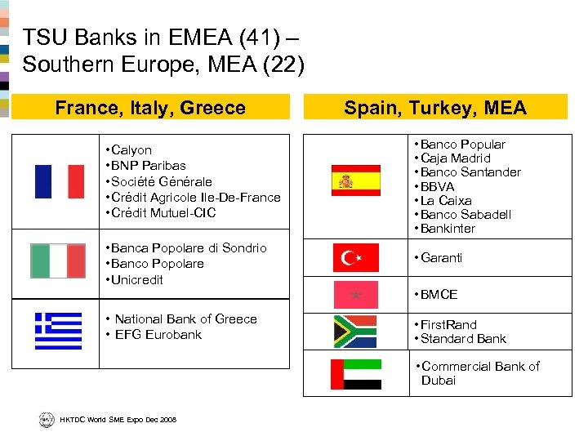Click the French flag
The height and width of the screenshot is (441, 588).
coord(59,181)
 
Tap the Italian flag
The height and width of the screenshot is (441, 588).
coord(57,261)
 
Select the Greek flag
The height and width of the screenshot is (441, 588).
coord(58,331)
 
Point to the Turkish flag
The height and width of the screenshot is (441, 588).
coord(355,257)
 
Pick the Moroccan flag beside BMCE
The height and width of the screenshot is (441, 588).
coord(355,294)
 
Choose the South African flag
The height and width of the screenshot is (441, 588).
coord(355,331)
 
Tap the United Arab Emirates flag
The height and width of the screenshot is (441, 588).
coord(355,374)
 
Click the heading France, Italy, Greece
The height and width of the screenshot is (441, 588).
coord(149,108)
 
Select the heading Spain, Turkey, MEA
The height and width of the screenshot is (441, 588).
coord(435,108)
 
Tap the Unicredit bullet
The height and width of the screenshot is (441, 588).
coord(137,279)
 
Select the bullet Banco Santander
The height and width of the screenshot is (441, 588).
coord(470,171)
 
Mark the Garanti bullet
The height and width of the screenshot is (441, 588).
coord(441,257)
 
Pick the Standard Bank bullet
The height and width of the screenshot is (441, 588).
coord(463,338)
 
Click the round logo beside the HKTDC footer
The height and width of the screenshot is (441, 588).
coord(46,419)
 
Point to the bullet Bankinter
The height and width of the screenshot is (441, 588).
coord(448,228)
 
